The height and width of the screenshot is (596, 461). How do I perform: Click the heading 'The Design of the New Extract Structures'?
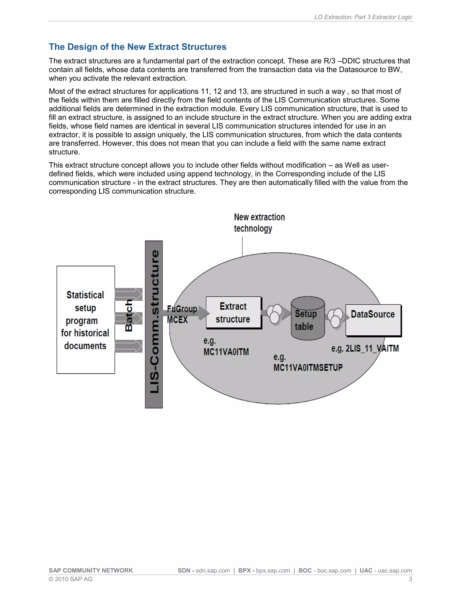[x=137, y=47]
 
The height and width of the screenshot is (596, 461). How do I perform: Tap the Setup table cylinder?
[x=308, y=318]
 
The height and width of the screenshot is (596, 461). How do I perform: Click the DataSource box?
[x=373, y=320]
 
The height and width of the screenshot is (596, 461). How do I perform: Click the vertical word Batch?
[x=129, y=316]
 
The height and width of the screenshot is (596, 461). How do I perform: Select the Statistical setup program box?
[x=86, y=320]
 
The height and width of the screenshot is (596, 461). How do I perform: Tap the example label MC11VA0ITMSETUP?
[x=308, y=367]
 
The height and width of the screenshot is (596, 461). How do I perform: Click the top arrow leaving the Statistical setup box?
[x=129, y=294]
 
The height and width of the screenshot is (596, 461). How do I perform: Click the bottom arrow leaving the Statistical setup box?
[x=129, y=346]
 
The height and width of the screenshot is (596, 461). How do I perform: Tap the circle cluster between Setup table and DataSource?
[x=335, y=318]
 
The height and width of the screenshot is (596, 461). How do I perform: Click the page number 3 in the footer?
[x=410, y=579]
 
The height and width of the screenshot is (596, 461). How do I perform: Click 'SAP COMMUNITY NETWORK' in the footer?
[x=91, y=570]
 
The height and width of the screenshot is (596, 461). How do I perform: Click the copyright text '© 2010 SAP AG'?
[x=70, y=579]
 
